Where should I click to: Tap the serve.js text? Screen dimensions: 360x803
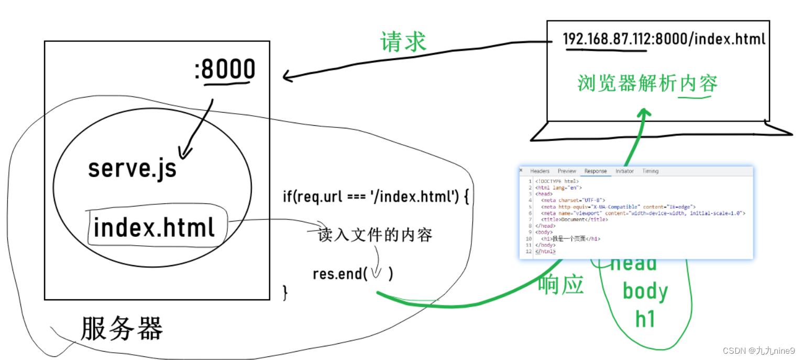132,168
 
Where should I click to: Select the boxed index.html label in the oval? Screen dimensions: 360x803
155,228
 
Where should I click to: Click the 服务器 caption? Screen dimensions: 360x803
122,329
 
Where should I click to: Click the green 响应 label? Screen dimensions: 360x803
561,285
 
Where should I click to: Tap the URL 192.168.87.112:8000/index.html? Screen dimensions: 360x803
664,39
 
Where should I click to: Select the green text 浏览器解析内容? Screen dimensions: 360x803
647,83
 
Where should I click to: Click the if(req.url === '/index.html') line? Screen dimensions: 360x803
376,197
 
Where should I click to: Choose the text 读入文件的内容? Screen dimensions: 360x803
375,235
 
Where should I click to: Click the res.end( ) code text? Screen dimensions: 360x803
353,274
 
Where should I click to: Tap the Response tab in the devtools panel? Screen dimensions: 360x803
596,171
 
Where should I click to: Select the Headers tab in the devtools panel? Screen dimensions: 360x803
540,171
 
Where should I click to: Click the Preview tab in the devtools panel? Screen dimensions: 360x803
567,171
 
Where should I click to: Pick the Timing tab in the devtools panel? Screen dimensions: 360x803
650,171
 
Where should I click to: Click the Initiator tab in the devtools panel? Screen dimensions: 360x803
624,171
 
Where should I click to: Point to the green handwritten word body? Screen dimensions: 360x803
645,291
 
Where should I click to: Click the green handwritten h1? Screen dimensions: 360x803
645,318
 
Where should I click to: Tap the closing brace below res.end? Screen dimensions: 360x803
285,292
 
